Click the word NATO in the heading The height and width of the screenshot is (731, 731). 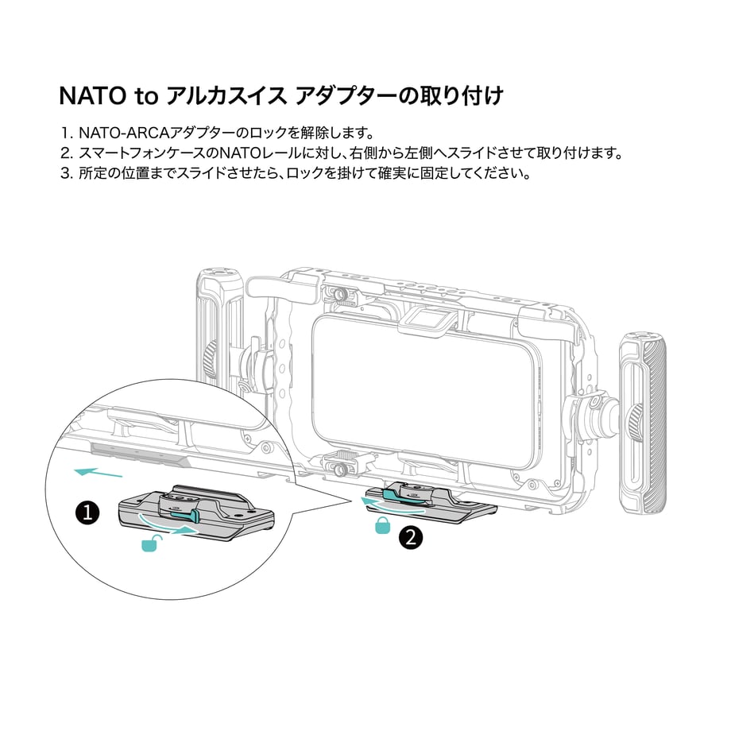tap(93, 95)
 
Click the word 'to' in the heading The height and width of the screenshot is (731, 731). tap(147, 96)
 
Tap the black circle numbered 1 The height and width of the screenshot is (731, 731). tap(87, 513)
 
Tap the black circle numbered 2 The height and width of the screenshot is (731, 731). tap(411, 538)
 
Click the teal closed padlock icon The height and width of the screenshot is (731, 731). tap(382, 525)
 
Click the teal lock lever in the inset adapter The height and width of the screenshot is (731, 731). tap(187, 515)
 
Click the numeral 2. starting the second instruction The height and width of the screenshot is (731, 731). tap(67, 153)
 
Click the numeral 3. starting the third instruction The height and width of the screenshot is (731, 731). tap(67, 173)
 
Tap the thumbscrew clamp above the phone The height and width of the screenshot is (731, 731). tap(342, 295)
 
